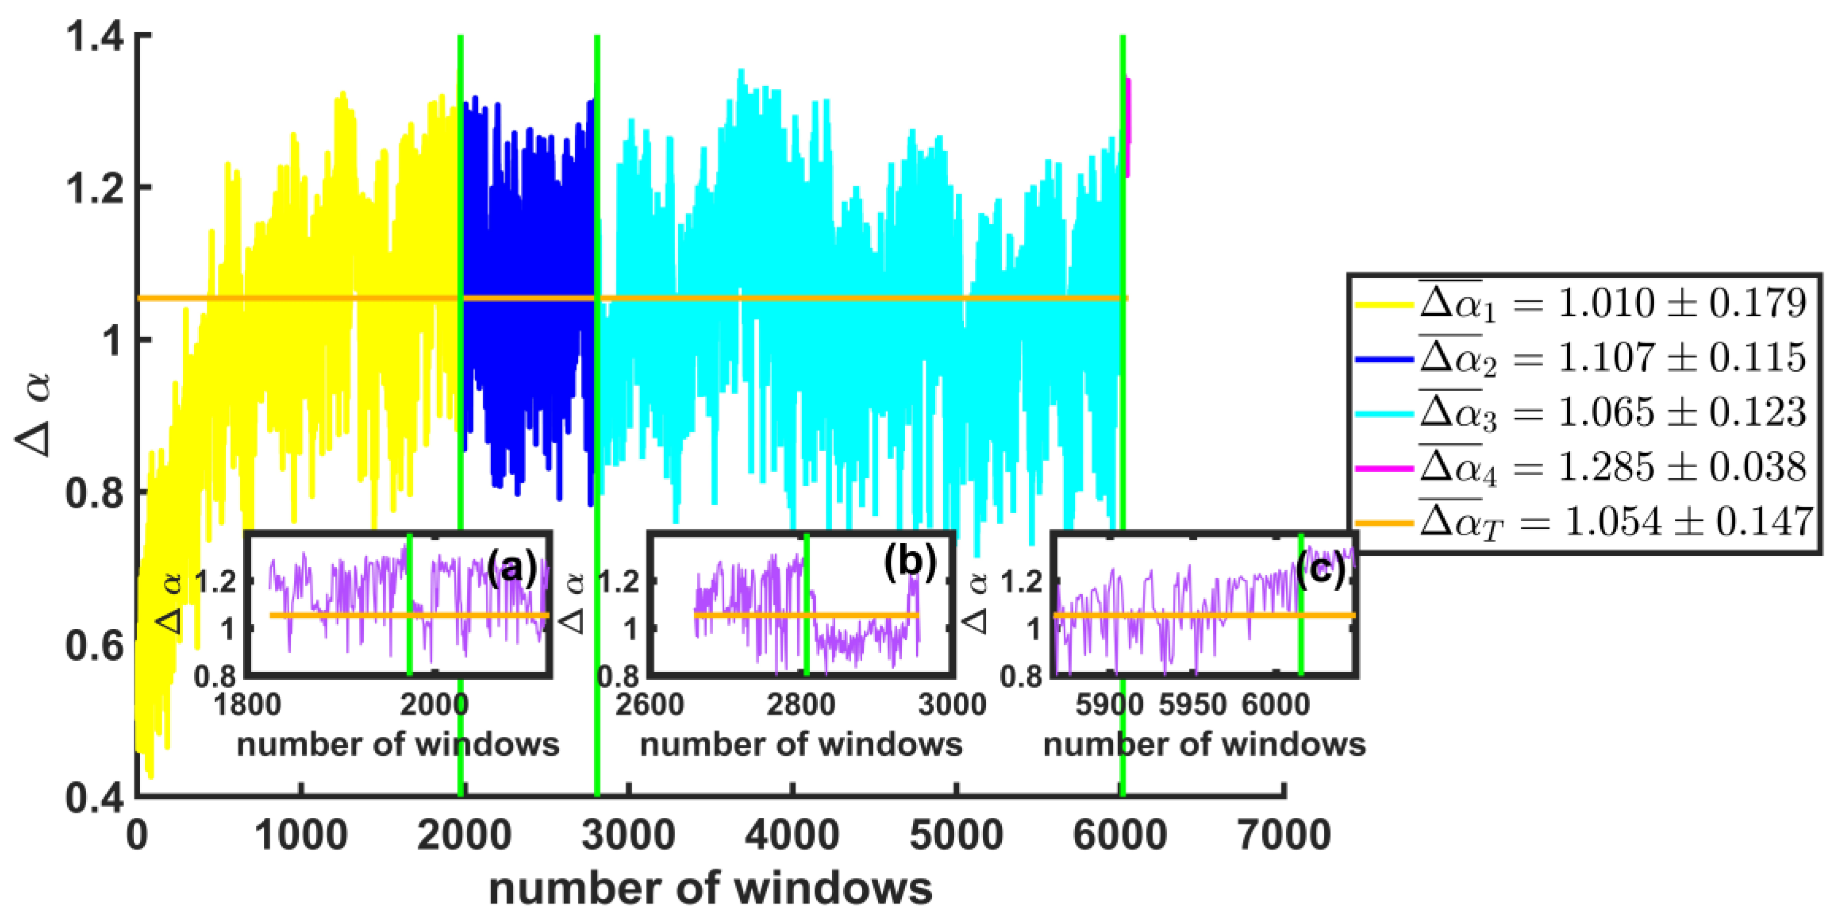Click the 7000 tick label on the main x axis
click(1284, 835)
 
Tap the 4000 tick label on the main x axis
click(792, 835)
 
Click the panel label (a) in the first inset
click(511, 568)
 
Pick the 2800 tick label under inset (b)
click(801, 705)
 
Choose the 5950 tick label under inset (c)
click(1193, 705)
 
